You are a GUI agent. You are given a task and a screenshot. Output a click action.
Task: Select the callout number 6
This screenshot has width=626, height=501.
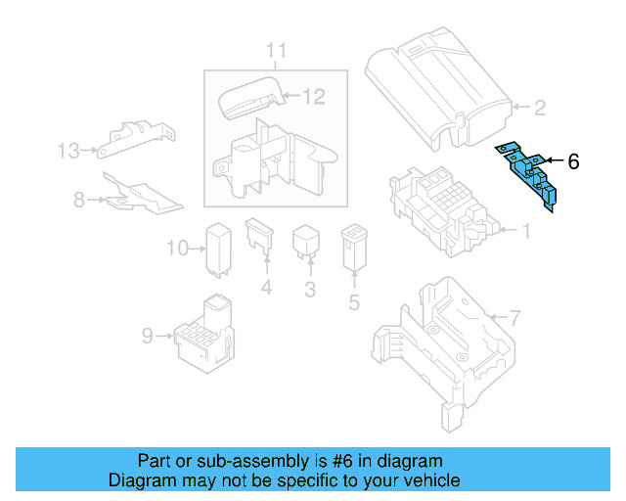pyautogui.click(x=573, y=162)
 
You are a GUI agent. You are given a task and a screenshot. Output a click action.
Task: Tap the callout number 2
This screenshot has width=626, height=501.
pyautogui.click(x=538, y=108)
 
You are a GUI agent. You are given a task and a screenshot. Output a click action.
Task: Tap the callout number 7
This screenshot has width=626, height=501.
pyautogui.click(x=515, y=318)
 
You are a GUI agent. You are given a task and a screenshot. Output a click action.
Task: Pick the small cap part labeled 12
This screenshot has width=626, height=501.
pyautogui.click(x=250, y=98)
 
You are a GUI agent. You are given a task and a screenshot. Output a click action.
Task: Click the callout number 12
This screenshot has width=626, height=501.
pyautogui.click(x=312, y=97)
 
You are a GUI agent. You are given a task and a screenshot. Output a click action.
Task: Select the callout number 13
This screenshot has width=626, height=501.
pyautogui.click(x=67, y=151)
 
